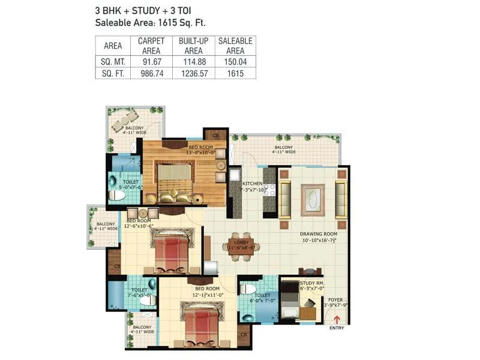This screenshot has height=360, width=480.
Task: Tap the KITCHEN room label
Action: coord(252,184)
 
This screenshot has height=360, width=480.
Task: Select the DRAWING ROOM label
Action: coord(318,234)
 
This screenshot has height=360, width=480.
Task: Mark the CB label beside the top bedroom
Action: coord(215,135)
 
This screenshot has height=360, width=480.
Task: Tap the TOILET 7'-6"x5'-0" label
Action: coord(140,292)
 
